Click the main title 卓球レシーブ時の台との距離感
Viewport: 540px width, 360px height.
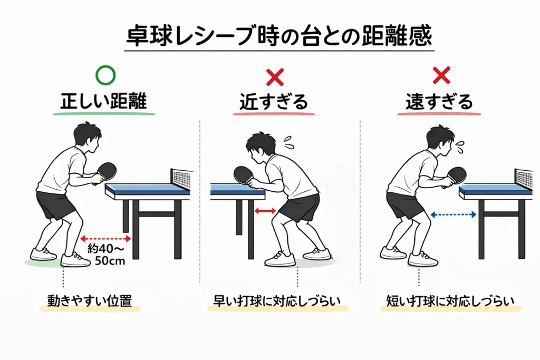pos(279,36)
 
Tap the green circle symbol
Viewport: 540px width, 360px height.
pos(105,76)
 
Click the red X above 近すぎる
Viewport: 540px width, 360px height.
pos(274,77)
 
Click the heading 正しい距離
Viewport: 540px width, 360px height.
pos(105,102)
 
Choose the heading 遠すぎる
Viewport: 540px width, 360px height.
pos(439,102)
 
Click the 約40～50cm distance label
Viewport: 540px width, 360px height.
pos(106,255)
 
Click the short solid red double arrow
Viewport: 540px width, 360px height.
pos(265,211)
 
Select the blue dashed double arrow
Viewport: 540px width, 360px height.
pos(454,214)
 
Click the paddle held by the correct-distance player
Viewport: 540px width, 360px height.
pos(107,170)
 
